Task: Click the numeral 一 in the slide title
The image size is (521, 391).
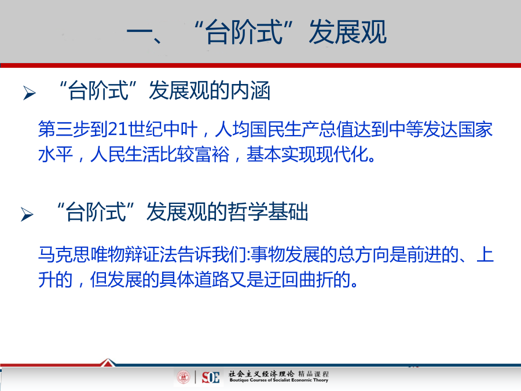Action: (x=140, y=32)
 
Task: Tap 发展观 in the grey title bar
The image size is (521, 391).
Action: (x=347, y=32)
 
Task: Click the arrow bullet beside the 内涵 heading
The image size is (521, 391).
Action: (x=30, y=93)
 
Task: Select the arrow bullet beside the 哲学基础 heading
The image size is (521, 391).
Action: (x=27, y=214)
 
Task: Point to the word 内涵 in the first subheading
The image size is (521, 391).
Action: (x=250, y=91)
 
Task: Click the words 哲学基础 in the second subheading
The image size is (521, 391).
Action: (x=268, y=212)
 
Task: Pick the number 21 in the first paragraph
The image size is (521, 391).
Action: (x=118, y=129)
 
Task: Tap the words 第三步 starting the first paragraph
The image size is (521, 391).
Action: (x=64, y=129)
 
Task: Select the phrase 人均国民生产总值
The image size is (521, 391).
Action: (x=284, y=129)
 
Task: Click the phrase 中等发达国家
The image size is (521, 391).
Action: (x=441, y=129)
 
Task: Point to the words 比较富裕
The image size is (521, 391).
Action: (x=195, y=154)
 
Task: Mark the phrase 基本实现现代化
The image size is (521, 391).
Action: (x=307, y=154)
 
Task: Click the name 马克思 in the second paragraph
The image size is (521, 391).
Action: (x=64, y=255)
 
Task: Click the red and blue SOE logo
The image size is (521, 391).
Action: (x=211, y=377)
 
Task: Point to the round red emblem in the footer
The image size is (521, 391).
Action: (x=184, y=377)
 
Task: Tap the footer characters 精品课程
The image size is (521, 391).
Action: (x=313, y=374)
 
